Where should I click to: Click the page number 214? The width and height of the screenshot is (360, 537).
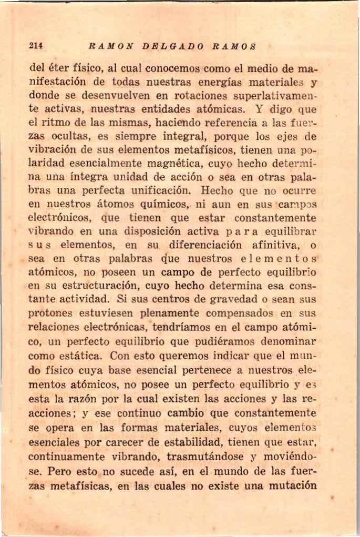[35, 46]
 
